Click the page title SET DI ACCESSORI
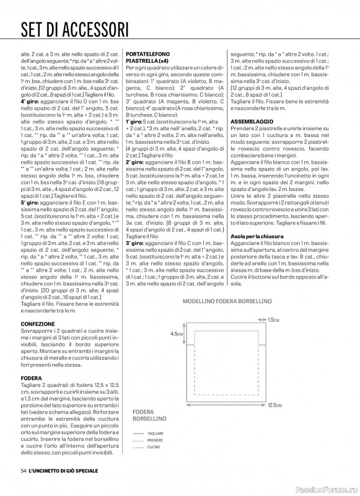click(x=75, y=29)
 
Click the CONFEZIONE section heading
click(x=38, y=324)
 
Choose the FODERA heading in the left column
click(x=32, y=378)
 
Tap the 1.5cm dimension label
click(x=273, y=319)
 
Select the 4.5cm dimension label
click(x=176, y=334)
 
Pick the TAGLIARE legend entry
click(x=156, y=433)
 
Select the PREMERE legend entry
click(x=155, y=440)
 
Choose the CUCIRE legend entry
click(x=154, y=446)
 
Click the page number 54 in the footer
click(x=24, y=472)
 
